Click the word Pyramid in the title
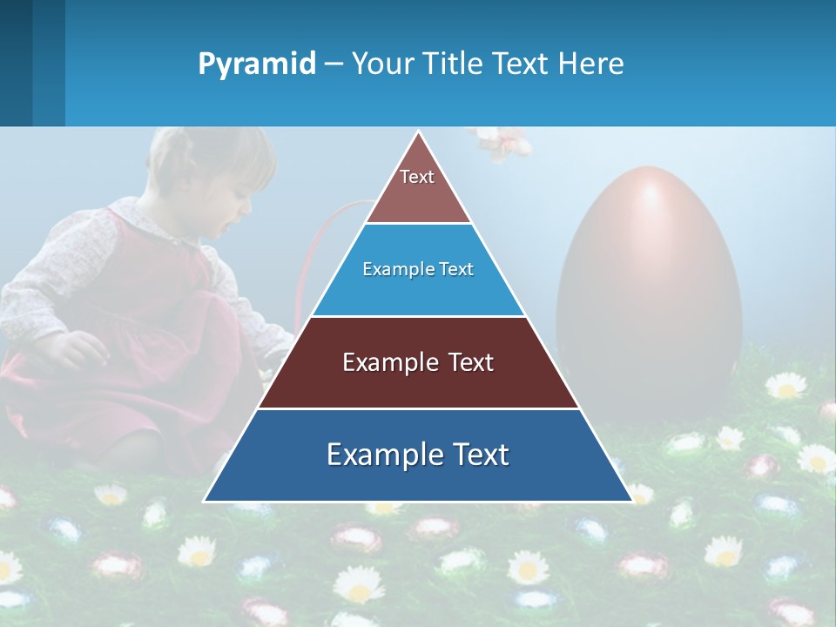pyautogui.click(x=256, y=64)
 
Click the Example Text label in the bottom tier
pyautogui.click(x=418, y=455)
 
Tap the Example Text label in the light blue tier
pyautogui.click(x=418, y=269)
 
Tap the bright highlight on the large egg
pyautogui.click(x=651, y=195)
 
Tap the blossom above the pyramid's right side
pyautogui.click(x=501, y=143)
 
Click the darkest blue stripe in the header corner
pyautogui.click(x=16, y=63)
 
